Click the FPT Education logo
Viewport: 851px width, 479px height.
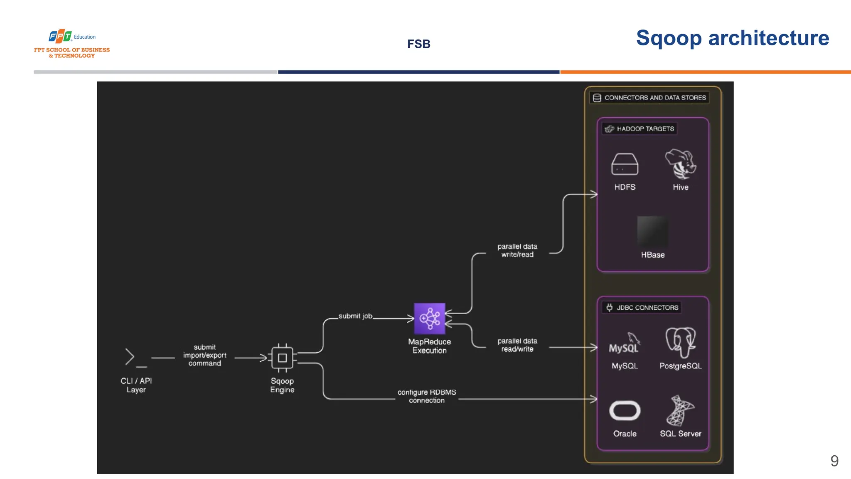click(x=72, y=43)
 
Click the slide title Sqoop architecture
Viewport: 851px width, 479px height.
click(x=732, y=38)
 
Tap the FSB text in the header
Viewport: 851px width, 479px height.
click(x=418, y=44)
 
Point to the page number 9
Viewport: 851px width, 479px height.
click(x=834, y=461)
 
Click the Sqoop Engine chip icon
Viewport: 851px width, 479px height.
click(x=282, y=358)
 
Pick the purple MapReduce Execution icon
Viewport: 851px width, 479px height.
click(x=429, y=318)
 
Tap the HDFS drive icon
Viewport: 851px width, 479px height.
click(x=625, y=164)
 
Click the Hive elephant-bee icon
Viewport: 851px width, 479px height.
click(x=680, y=164)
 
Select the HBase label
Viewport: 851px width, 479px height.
click(x=652, y=255)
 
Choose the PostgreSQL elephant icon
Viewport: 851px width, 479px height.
click(x=680, y=342)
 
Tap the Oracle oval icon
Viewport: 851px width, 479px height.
click(x=625, y=411)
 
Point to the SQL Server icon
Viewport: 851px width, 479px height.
click(x=680, y=410)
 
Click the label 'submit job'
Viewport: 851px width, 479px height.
click(x=355, y=316)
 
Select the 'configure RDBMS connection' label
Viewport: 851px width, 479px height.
click(x=427, y=396)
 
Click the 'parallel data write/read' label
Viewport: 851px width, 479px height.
click(x=517, y=250)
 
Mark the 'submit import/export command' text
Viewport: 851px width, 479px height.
click(x=204, y=355)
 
